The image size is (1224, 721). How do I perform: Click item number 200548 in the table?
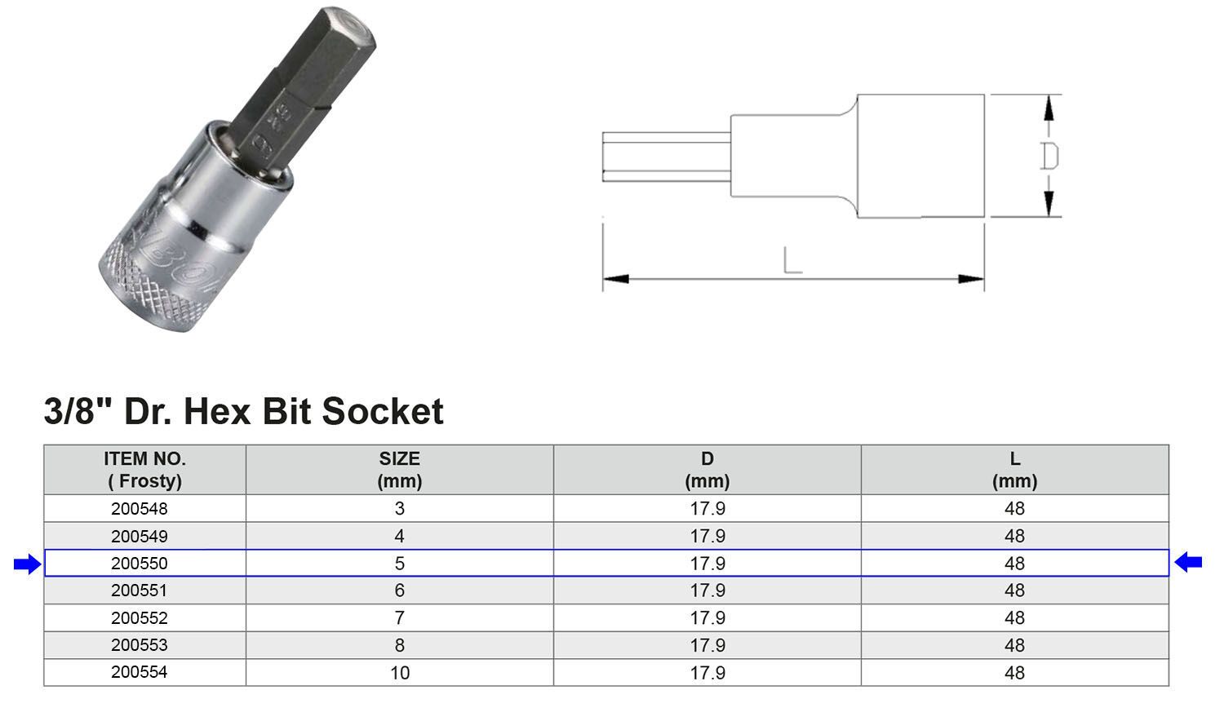(140, 509)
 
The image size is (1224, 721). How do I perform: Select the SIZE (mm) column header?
(399, 470)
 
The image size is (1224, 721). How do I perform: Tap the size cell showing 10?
(400, 673)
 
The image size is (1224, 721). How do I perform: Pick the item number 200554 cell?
(140, 672)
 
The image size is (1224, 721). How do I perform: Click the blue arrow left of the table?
(27, 564)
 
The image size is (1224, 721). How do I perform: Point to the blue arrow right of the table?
(1188, 562)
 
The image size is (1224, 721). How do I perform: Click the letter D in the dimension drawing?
(1049, 156)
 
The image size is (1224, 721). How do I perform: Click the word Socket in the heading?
(383, 411)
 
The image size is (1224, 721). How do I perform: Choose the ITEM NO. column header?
(144, 470)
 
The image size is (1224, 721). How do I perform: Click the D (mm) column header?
(707, 470)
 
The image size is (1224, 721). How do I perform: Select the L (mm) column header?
(1014, 470)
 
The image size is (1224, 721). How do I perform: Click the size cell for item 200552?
(400, 618)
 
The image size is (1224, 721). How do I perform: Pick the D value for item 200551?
(707, 591)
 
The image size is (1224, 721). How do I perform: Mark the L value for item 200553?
(1014, 645)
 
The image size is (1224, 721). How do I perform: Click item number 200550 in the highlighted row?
(140, 564)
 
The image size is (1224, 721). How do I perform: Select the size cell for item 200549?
(400, 536)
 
